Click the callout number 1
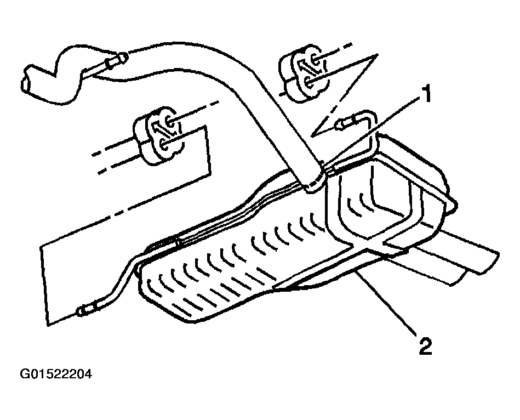425,93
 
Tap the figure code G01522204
56,374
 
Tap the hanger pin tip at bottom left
81,312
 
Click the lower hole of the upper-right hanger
308,81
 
